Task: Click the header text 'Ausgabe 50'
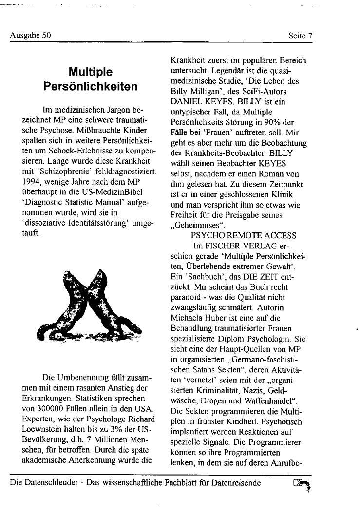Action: tap(30, 36)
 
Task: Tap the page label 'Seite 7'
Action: tap(300, 36)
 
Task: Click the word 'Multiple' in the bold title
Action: tap(90, 72)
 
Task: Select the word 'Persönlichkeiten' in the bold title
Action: tap(90, 87)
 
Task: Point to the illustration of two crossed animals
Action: tap(89, 305)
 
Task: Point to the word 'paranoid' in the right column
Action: tap(185, 297)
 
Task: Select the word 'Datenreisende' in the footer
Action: tap(237, 483)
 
